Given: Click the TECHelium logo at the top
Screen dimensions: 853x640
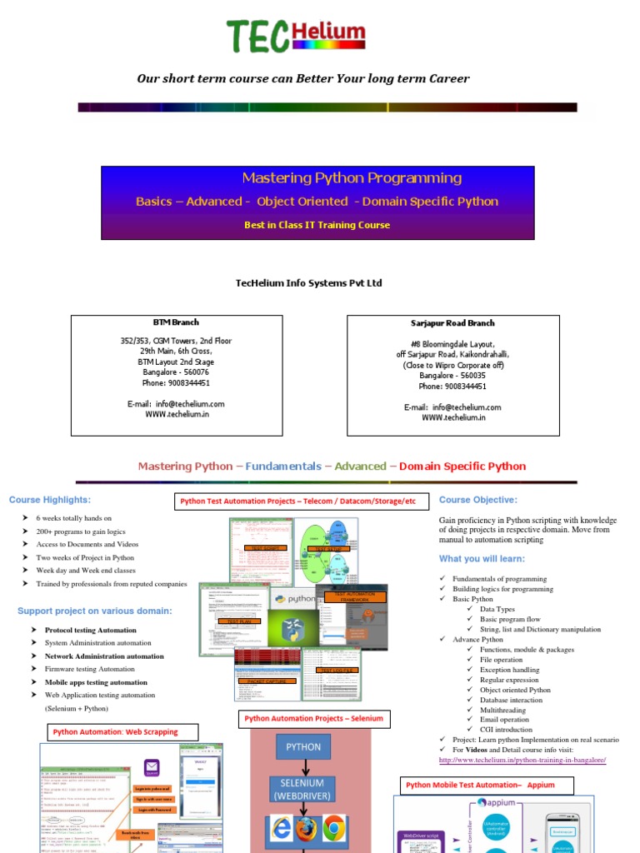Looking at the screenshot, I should (x=296, y=35).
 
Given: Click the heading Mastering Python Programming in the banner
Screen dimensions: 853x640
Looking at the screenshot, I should (x=351, y=177).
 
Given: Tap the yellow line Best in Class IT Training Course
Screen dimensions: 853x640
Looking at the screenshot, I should (x=317, y=225).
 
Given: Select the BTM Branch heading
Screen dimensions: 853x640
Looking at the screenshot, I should (x=176, y=322).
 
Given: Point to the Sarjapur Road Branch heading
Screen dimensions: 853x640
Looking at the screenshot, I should (x=452, y=323).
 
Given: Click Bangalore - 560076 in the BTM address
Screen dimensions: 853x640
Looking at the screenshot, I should (x=176, y=372).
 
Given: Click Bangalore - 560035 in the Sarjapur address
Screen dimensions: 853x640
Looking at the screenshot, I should (x=452, y=376).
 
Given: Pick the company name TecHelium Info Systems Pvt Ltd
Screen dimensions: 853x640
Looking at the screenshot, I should (x=309, y=283).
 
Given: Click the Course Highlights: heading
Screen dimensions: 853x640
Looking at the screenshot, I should (x=50, y=500).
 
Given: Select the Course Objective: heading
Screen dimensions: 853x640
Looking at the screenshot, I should (x=477, y=500).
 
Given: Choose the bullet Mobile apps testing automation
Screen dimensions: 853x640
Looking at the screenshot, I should (x=96, y=682).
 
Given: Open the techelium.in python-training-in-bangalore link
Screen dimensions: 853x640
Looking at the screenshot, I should (x=522, y=760).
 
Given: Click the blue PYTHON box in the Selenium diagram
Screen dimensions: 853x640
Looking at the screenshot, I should (x=303, y=747).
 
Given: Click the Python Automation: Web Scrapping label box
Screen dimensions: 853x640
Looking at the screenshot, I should (x=115, y=732).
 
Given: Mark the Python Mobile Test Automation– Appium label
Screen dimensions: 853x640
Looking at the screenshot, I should (x=479, y=786).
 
